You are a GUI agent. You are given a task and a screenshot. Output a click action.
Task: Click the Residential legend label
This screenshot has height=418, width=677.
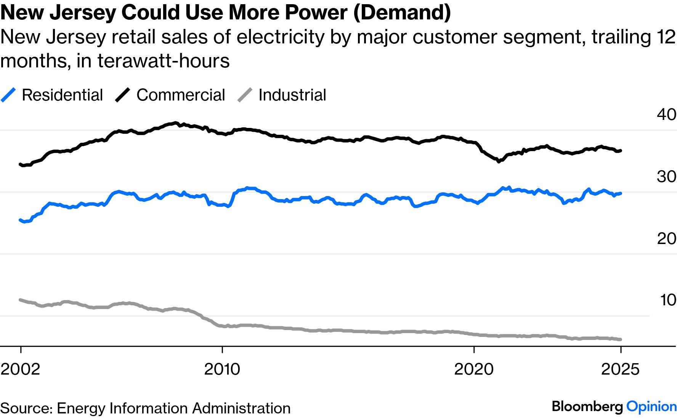point(62,95)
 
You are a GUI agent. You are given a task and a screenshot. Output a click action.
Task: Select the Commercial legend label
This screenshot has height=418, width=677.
point(181,95)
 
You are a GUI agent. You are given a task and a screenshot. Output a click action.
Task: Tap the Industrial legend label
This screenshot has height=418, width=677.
point(292,95)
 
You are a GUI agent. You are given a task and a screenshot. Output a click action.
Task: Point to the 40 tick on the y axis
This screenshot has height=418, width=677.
point(666,114)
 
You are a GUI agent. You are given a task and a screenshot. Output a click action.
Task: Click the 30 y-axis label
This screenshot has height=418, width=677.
point(666,177)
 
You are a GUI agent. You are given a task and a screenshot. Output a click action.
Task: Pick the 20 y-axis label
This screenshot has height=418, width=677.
point(666,239)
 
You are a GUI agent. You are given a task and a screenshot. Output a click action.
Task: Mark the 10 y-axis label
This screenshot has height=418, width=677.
point(667,300)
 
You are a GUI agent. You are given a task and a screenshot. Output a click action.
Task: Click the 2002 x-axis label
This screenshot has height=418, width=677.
point(21,369)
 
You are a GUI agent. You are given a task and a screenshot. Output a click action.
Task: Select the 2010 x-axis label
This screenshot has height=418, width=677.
point(222,369)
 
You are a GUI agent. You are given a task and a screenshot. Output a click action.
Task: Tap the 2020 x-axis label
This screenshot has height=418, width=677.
point(474,369)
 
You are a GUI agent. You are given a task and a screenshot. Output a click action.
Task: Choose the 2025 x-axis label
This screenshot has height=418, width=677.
point(620,369)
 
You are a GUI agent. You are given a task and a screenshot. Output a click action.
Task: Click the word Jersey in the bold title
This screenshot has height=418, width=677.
point(83,12)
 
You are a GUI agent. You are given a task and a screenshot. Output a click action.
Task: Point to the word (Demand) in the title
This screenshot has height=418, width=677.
point(402,12)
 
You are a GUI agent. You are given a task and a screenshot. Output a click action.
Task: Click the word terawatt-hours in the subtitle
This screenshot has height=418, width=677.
point(164,61)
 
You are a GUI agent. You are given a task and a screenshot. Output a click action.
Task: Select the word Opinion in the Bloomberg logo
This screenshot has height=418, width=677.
point(651,407)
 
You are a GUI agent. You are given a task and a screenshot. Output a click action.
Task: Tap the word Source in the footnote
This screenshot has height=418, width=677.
point(26,408)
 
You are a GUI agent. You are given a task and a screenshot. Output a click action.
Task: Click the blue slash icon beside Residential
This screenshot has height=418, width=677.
point(8,95)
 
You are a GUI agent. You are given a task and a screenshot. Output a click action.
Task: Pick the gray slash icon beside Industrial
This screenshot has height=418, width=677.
point(245,95)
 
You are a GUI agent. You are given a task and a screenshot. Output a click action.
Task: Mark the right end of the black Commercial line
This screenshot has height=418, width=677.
point(621,151)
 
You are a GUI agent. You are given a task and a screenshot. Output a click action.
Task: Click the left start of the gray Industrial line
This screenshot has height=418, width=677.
point(21,300)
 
